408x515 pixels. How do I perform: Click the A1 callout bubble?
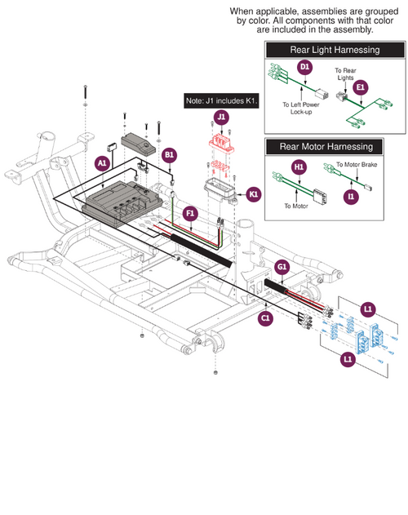102,163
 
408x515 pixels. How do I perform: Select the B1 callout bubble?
170,153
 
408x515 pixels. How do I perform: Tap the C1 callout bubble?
265,317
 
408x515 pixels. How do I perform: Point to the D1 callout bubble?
304,66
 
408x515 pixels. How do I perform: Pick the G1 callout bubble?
282,267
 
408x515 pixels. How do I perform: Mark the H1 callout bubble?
298,167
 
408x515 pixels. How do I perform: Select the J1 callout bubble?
221,118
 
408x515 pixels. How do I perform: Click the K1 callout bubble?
253,193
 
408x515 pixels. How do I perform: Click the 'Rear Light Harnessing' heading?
335,50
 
